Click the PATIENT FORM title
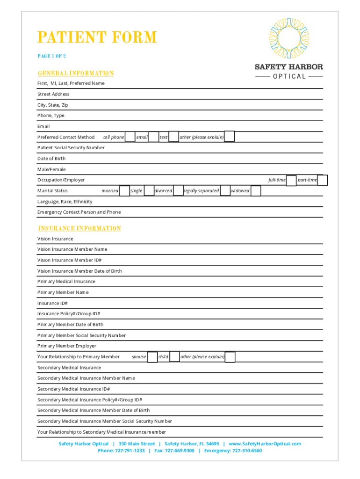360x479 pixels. [x=97, y=37]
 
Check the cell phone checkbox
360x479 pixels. [x=130, y=137]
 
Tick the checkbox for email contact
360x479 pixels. [x=153, y=137]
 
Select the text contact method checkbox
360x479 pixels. [x=173, y=137]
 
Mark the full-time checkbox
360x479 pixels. [x=291, y=180]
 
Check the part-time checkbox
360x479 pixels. [x=323, y=180]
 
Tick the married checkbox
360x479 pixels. [x=124, y=191]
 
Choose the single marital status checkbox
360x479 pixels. [x=149, y=191]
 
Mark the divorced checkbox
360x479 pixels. [x=178, y=191]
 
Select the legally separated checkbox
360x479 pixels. [x=225, y=191]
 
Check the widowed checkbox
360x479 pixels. [x=255, y=191]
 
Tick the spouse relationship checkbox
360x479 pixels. [x=152, y=357]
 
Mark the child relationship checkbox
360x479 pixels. [x=174, y=357]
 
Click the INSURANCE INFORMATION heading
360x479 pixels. [x=79, y=228]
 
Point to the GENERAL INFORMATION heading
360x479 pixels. [x=76, y=73]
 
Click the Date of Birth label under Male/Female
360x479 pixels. [x=51, y=159]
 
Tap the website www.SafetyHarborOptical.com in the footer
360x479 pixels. [x=265, y=443]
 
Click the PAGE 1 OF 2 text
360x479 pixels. [x=51, y=56]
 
